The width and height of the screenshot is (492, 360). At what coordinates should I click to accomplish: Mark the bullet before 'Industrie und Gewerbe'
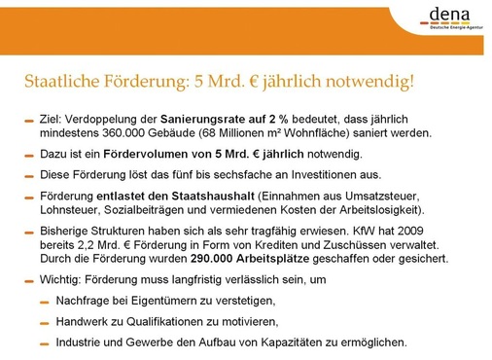coord(45,343)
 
